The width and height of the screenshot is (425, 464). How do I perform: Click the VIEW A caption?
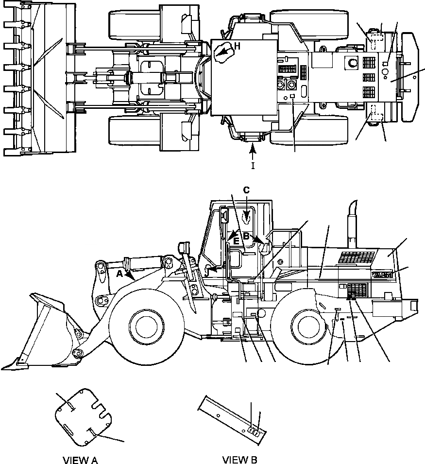point(81,460)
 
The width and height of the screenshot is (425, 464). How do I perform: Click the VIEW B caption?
point(240,460)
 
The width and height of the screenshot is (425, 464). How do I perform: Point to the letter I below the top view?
point(252,166)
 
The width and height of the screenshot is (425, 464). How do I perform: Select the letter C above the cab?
point(246,190)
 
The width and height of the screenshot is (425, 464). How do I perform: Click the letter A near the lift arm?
point(119,274)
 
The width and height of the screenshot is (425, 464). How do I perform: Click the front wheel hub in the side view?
point(145,328)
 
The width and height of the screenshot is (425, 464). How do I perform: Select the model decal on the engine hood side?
point(383,275)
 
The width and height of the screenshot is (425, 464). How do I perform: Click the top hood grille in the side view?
point(359,257)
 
